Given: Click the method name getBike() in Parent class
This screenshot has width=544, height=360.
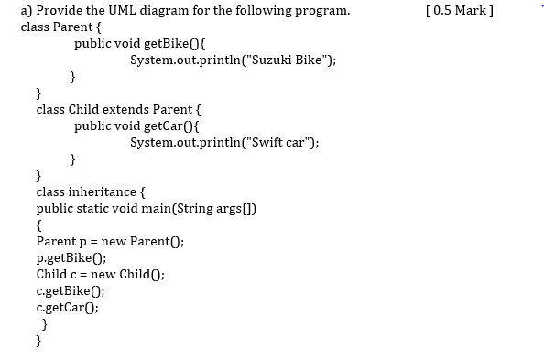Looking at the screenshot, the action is (x=169, y=44).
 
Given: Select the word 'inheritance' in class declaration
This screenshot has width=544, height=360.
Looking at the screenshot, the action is (x=104, y=191).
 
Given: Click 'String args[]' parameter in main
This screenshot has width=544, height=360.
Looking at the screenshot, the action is (x=216, y=208).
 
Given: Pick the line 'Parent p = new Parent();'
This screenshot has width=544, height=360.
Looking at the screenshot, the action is (x=110, y=241).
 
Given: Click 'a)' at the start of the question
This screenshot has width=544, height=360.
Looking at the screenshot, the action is (x=26, y=11).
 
